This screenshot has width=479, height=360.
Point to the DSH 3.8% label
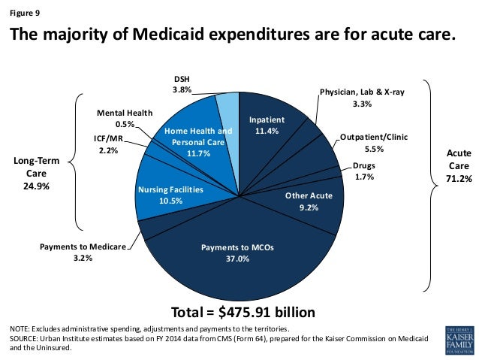pos(182,84)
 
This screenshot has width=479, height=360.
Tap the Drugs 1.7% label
pos(364,170)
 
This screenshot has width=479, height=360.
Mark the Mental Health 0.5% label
pos(125,118)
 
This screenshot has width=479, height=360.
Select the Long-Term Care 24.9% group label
pos(35,174)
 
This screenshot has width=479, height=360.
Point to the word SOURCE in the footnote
pos(26,338)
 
